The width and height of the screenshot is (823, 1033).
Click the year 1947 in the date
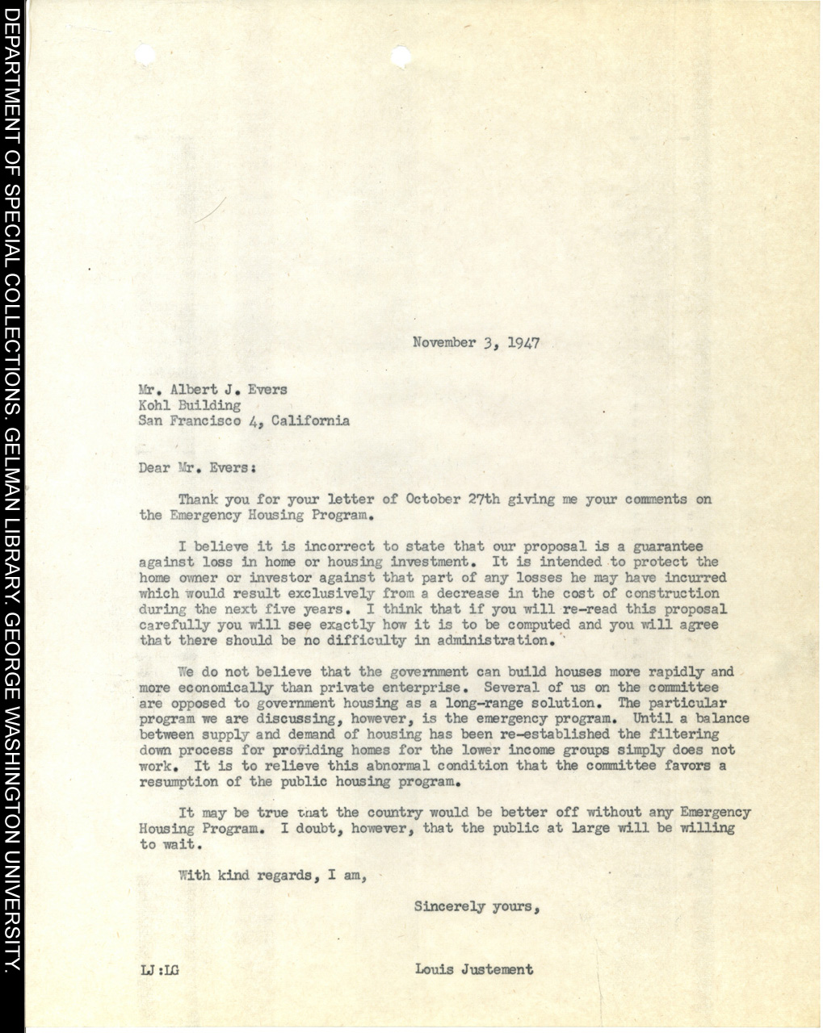(524, 343)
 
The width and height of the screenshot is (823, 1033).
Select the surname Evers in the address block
(267, 390)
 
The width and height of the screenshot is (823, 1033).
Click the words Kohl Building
(190, 405)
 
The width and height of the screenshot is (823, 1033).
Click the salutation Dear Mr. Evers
(198, 467)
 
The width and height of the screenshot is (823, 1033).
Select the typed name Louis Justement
(474, 969)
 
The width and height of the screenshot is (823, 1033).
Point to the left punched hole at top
(146, 55)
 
